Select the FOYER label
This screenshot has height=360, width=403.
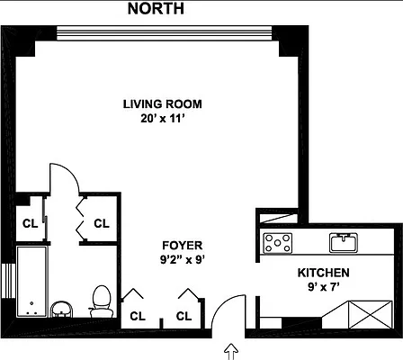[182, 245]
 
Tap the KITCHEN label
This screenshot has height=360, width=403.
[323, 272]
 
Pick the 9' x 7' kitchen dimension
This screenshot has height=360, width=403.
[323, 287]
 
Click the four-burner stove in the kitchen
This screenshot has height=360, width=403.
[278, 241]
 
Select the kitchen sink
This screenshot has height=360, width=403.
[343, 240]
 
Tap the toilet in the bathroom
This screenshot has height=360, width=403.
[101, 298]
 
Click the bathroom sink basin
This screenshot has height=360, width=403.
[61, 309]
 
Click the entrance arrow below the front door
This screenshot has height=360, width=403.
[231, 348]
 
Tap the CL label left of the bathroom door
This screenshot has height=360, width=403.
[30, 223]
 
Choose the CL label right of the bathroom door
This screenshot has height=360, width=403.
[101, 223]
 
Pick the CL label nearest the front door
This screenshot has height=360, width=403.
[184, 316]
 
